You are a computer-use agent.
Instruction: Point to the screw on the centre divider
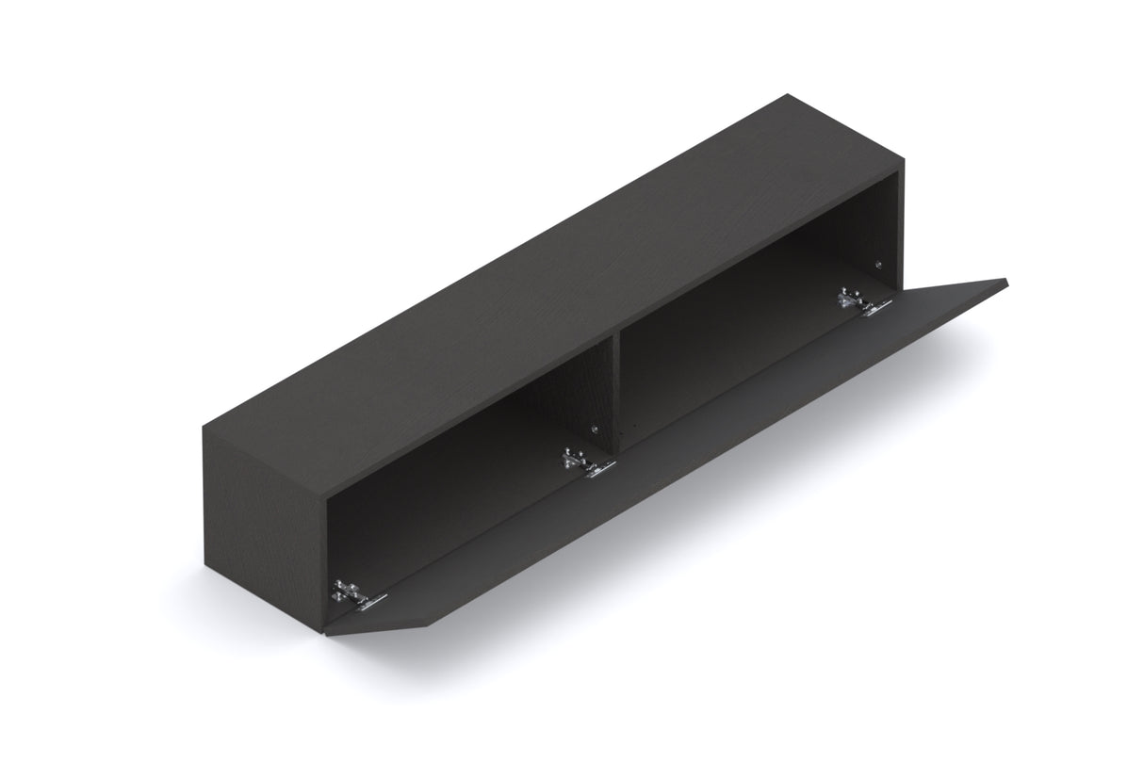click(595, 430)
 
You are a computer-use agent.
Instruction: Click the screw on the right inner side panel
click(878, 266)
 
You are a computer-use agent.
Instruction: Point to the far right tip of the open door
click(1006, 280)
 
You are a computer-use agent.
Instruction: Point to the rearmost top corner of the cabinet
click(787, 95)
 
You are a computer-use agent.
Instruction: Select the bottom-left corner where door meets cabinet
click(326, 635)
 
